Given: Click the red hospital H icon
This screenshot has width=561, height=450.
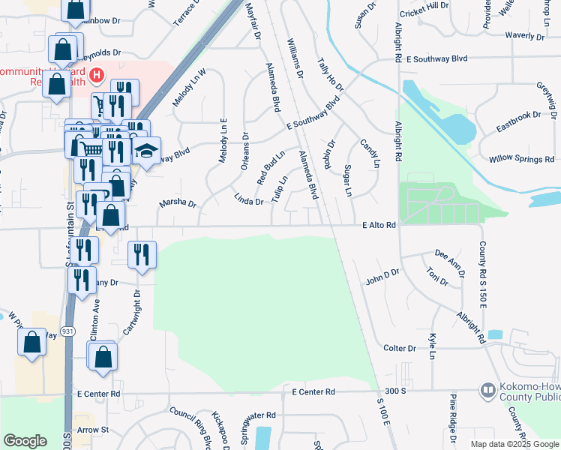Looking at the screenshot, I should point(97,75).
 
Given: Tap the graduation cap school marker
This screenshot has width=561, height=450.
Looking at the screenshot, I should point(148,150).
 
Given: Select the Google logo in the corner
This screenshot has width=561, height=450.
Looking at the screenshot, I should point(25,441).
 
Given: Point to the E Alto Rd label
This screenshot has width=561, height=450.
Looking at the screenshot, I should point(379,225).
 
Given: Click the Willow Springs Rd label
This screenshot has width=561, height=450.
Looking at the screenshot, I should point(521,159).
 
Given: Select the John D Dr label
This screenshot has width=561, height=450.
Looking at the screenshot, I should point(382,277).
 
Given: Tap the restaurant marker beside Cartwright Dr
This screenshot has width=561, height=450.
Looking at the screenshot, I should point(140,254).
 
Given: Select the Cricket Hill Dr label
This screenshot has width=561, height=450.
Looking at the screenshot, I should point(424,4).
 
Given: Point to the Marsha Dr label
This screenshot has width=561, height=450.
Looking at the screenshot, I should point(178,203).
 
